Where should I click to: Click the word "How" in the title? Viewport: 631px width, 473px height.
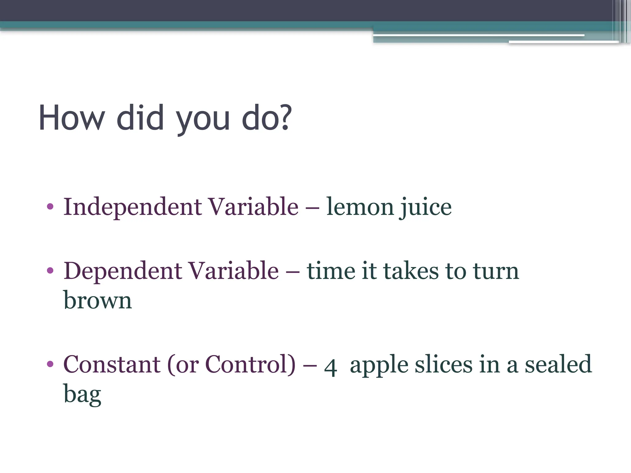point(72,118)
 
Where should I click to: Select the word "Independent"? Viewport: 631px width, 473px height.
point(133,207)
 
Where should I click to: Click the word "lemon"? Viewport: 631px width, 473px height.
point(360,207)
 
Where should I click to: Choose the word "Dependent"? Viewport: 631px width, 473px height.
point(123,271)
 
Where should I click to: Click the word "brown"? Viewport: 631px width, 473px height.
point(98,300)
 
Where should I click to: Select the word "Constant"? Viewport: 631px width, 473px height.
point(112,364)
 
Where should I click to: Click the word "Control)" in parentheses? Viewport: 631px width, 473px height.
point(250,364)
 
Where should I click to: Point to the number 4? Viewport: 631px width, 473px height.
point(330,367)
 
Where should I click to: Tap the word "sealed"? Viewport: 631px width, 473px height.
point(558,364)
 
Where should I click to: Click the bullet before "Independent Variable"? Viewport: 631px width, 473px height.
point(50,207)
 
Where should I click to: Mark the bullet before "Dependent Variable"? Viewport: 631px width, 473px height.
point(50,271)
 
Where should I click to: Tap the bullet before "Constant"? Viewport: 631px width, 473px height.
point(50,364)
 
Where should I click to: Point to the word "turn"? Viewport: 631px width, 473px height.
point(496,271)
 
